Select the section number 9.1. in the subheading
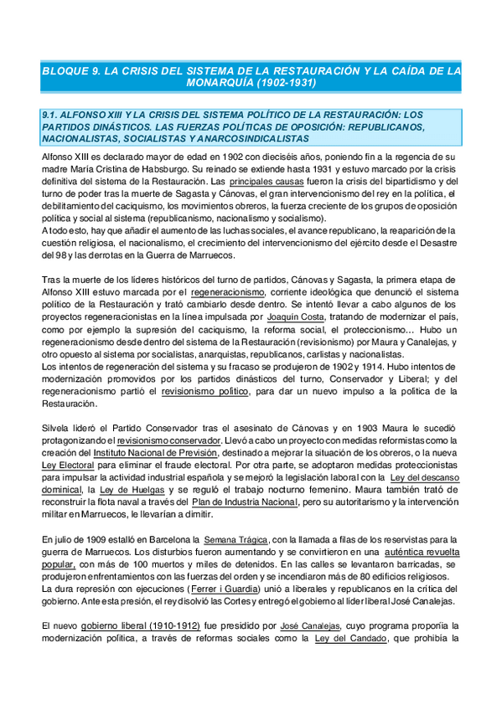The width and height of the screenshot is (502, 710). [x=53, y=115]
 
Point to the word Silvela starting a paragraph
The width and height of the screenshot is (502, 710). [x=56, y=428]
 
